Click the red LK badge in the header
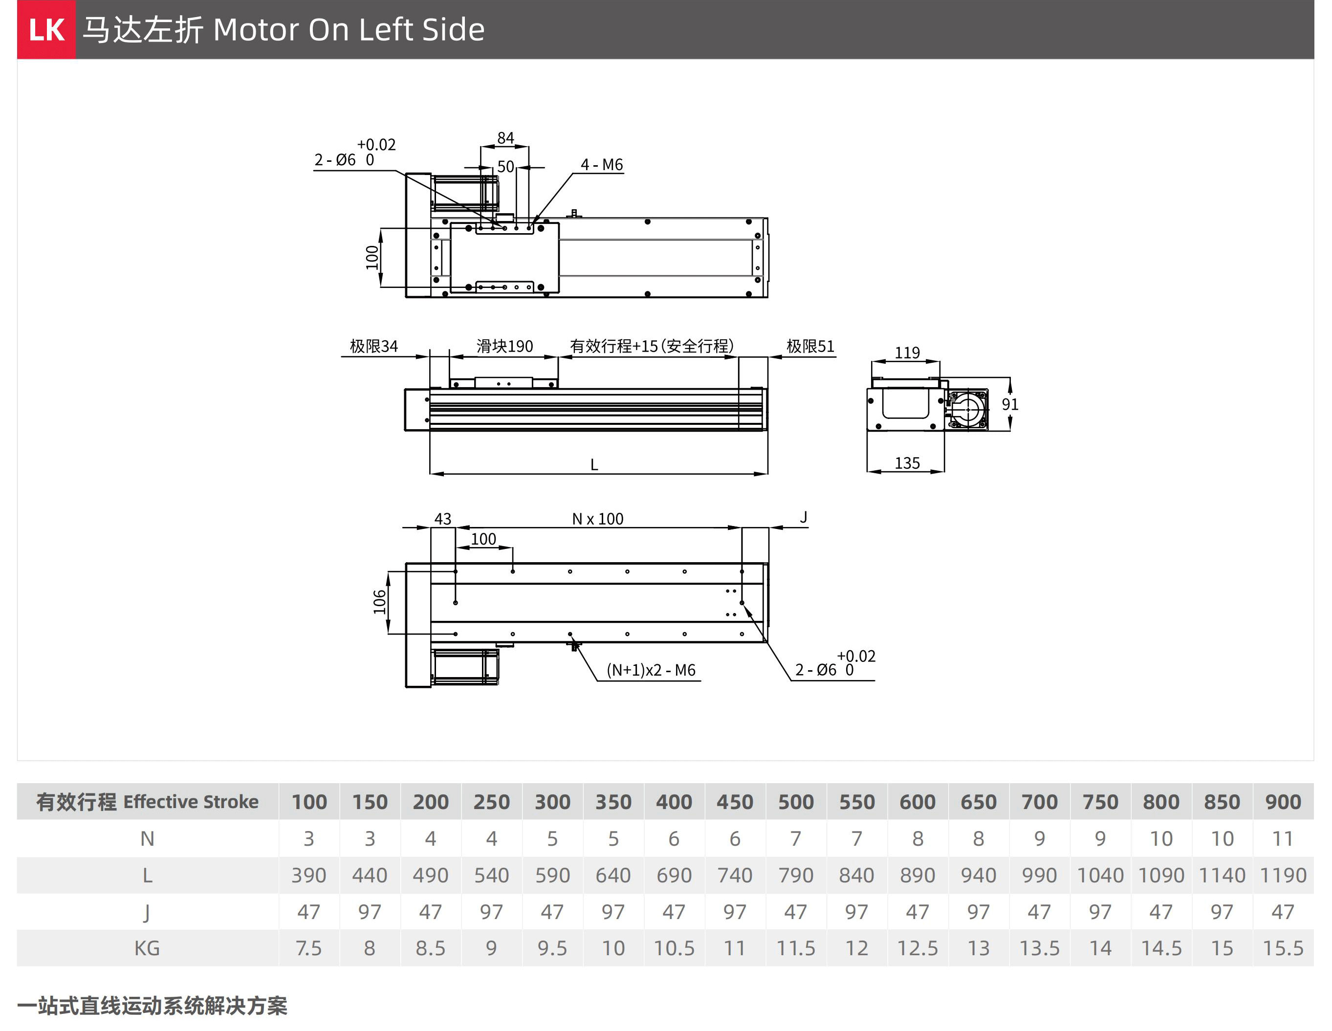pos(46,29)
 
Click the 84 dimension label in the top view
pos(505,138)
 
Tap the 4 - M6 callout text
pos(601,165)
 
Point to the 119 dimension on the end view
pos(907,352)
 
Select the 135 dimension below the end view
pos(907,463)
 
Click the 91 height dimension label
pos(1010,404)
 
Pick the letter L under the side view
pos(594,465)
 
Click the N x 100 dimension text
pos(598,519)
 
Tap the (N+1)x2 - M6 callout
pos(651,670)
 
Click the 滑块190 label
pos(504,346)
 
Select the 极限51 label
pos(810,346)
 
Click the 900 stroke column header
pos(1283,802)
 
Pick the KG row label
pos(147,948)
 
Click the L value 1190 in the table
pos(1283,875)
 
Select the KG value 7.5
pos(308,948)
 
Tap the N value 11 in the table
pos(1283,838)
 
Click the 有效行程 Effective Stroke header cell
pos(147,802)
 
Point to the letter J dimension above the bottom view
pos(803,517)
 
